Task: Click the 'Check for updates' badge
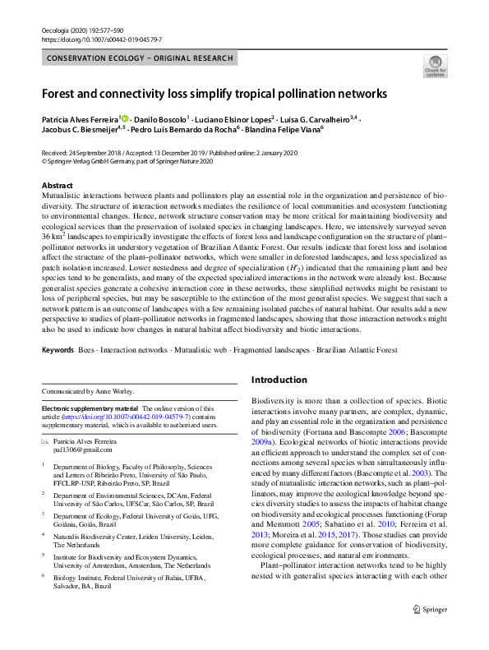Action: [435, 66]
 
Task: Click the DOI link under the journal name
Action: [90, 39]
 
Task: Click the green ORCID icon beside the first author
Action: [124, 119]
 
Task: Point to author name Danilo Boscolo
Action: [160, 119]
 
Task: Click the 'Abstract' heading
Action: [57, 186]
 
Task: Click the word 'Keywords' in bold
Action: [57, 350]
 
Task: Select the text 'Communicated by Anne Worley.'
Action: [89, 391]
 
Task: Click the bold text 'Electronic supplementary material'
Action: [90, 408]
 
